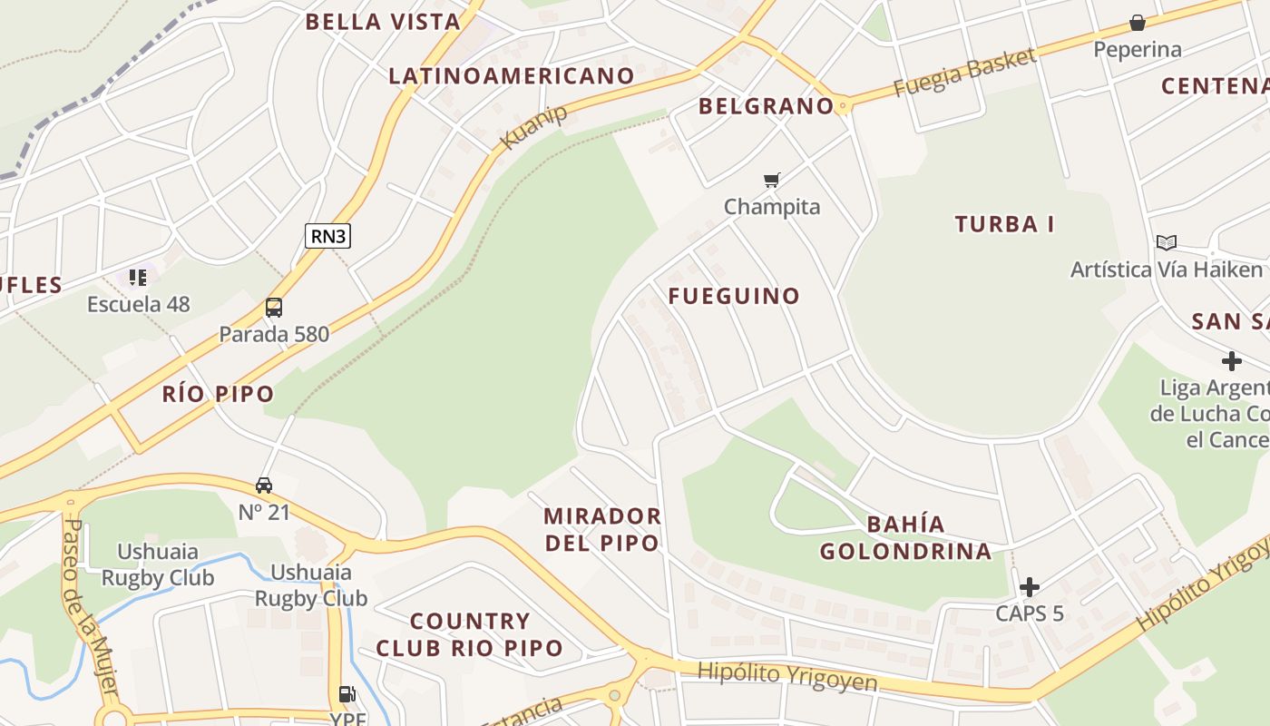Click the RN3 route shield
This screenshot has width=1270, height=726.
[327, 236]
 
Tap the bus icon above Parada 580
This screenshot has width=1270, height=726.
[274, 308]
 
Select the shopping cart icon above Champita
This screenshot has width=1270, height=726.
[772, 180]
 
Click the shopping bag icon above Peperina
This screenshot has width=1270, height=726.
[1138, 23]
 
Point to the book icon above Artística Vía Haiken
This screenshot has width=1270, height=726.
[1166, 242]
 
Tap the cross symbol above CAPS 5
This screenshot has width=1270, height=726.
[1030, 586]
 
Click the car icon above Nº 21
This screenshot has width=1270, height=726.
[264, 486]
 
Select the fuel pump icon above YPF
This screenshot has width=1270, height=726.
[347, 694]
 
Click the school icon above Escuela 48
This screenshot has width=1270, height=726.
[138, 277]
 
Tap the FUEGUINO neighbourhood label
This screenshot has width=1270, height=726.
[735, 296]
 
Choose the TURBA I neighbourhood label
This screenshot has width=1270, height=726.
[1005, 224]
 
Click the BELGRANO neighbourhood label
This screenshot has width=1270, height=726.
[766, 106]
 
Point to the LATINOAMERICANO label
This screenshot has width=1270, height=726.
[511, 76]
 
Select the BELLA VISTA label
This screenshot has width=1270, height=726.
[383, 23]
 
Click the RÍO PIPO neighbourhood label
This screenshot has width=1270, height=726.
[218, 394]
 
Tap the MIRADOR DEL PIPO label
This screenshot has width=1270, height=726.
[602, 530]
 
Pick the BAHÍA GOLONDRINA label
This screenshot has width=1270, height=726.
[906, 538]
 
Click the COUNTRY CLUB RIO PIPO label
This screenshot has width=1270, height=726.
[470, 635]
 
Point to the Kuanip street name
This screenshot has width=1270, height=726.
[534, 127]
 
